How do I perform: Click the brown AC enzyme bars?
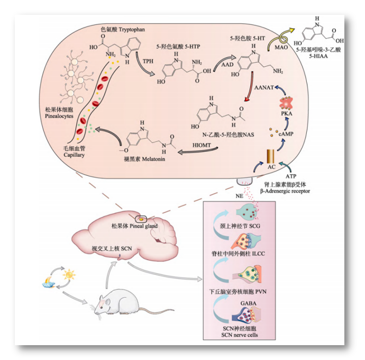click(x=271, y=156)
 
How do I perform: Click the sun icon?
click(x=69, y=275)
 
